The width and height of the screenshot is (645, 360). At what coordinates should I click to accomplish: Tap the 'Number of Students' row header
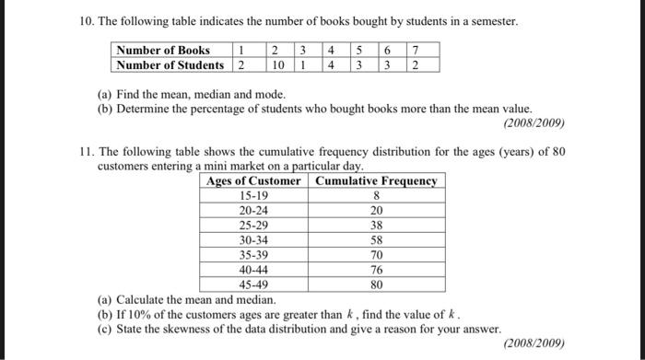[x=169, y=65]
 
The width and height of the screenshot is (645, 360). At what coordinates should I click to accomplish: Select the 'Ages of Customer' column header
[x=253, y=180]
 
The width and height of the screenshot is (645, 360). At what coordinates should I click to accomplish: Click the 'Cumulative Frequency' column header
[x=376, y=180]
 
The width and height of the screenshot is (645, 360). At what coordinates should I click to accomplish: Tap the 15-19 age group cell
[x=253, y=195]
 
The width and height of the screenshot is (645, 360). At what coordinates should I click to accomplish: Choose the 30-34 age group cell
[x=253, y=239]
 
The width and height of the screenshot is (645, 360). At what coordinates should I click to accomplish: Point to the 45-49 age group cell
[x=253, y=285]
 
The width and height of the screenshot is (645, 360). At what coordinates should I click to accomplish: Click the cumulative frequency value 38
[x=376, y=225]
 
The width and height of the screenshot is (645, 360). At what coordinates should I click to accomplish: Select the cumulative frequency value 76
[x=376, y=270]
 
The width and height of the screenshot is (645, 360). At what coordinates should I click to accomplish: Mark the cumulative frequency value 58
[x=376, y=239]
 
